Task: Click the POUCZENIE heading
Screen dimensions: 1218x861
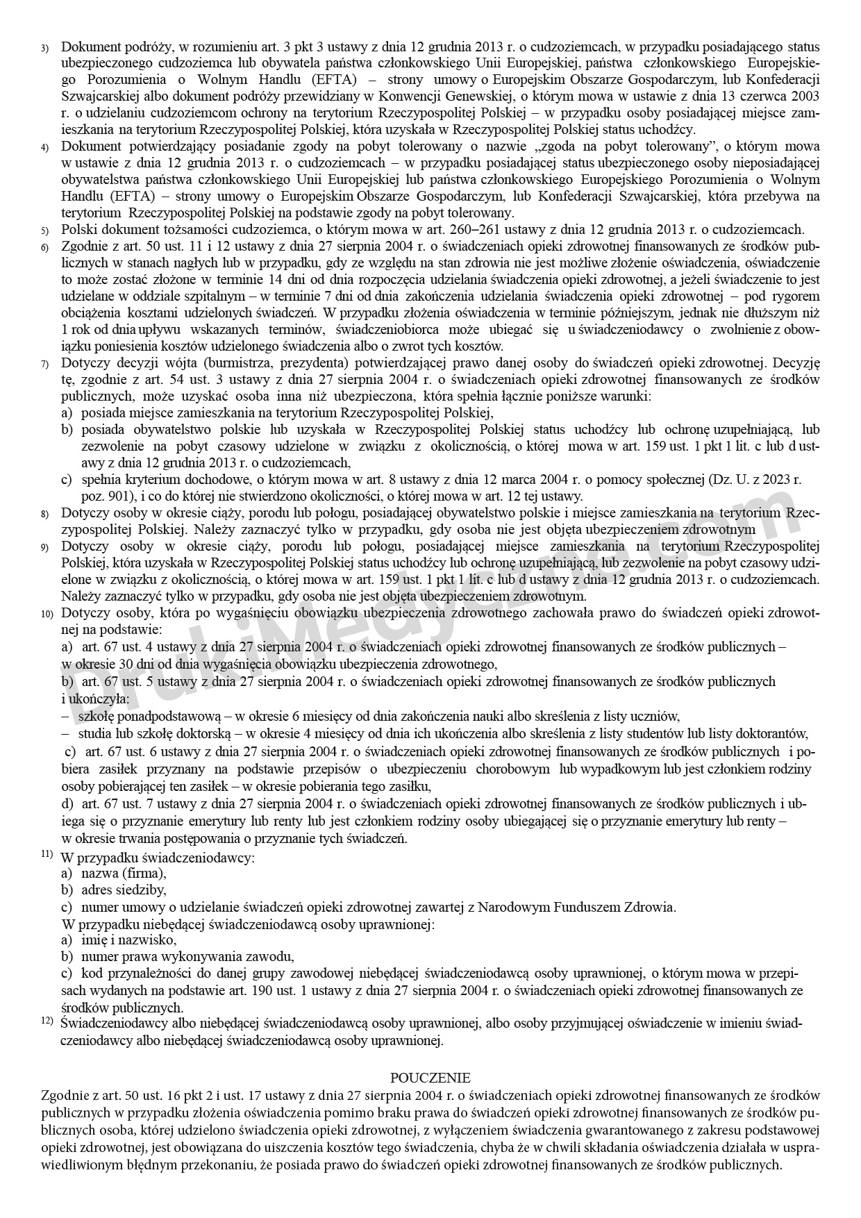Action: [430, 1078]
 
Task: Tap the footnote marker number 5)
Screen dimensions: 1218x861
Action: [44, 231]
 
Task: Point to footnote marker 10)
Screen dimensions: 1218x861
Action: [47, 615]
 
